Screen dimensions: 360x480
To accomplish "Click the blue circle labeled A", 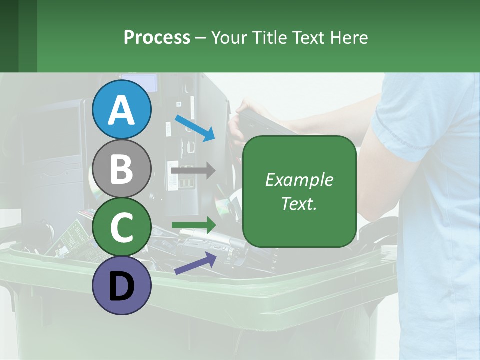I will (x=121, y=109).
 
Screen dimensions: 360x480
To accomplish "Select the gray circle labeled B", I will (x=121, y=168).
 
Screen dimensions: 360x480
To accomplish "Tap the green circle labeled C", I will (x=121, y=227).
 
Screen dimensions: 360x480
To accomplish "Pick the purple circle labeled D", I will (x=121, y=286).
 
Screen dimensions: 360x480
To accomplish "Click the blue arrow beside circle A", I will (x=195, y=127).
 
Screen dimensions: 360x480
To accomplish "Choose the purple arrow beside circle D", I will (x=195, y=263).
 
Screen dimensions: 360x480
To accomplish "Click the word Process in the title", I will (x=157, y=38).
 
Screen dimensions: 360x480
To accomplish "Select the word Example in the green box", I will (x=299, y=180).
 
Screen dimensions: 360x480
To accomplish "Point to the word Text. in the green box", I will (x=299, y=203).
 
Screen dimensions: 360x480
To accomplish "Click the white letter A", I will (x=121, y=110).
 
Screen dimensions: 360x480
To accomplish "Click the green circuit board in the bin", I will (x=75, y=235).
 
